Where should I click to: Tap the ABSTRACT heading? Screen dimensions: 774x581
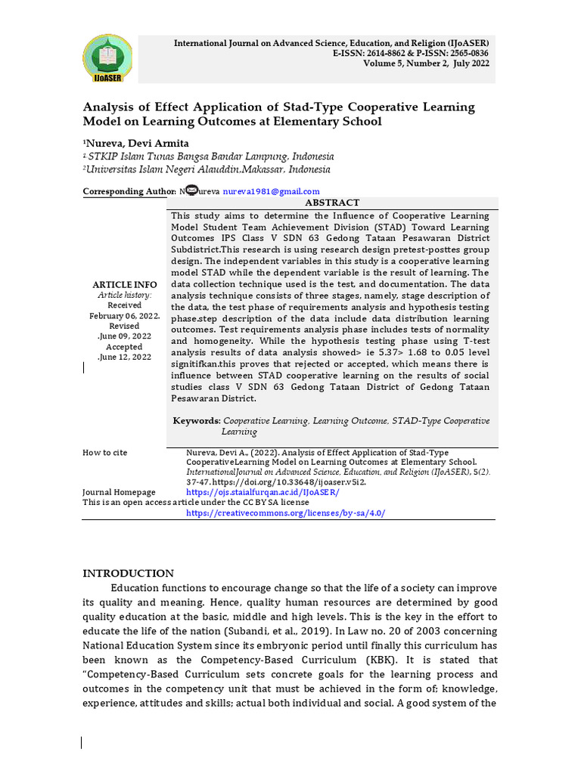click(x=332, y=203)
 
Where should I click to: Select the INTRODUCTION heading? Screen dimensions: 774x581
click(x=128, y=573)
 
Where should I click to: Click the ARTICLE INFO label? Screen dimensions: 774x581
click(x=125, y=284)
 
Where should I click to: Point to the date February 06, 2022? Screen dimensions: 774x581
click(x=125, y=316)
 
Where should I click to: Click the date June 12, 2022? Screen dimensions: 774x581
click(x=125, y=357)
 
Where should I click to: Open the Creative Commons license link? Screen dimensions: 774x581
click(x=285, y=512)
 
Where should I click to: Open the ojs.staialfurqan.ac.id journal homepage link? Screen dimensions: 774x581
click(x=263, y=492)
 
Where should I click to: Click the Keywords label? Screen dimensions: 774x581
click(x=197, y=420)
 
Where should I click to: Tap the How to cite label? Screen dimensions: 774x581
click(x=105, y=453)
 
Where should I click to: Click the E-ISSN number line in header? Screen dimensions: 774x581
click(x=410, y=54)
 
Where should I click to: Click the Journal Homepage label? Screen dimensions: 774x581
click(x=119, y=492)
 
